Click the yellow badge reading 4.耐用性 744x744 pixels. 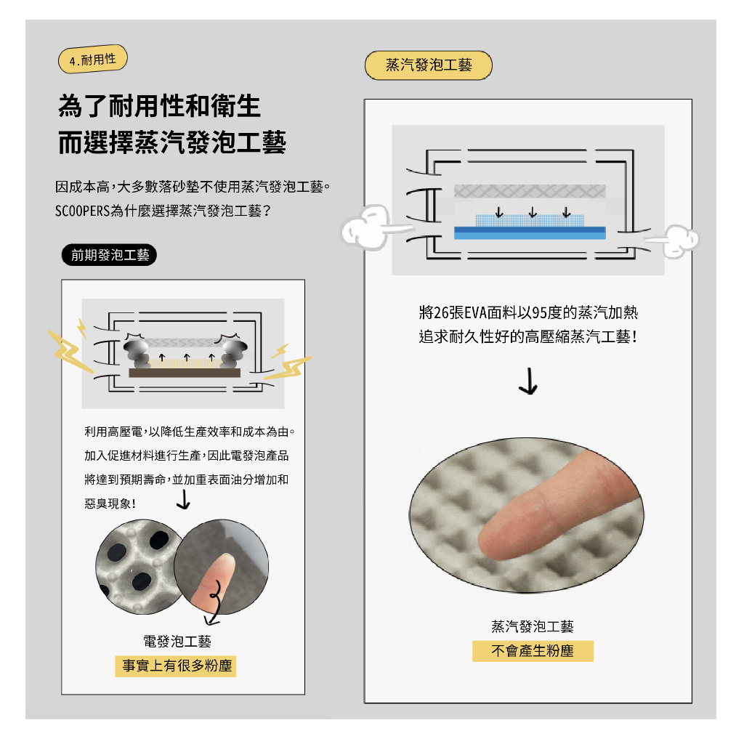point(92,60)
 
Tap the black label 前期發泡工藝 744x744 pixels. point(109,255)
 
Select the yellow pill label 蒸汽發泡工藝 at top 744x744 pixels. point(429,65)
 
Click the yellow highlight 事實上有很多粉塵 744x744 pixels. point(176,666)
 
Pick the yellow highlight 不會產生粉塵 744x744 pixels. point(533,651)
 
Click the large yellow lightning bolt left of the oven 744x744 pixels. point(69,351)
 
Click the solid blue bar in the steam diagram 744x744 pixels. point(530,233)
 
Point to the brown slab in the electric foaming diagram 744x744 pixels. point(185,373)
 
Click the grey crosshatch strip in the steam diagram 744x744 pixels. point(530,191)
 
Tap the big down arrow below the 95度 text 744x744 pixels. point(529,381)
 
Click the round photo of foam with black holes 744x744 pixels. point(137,567)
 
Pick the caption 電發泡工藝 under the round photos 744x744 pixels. point(177,642)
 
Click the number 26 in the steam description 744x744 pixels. point(441,313)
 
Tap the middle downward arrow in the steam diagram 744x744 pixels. point(533,212)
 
